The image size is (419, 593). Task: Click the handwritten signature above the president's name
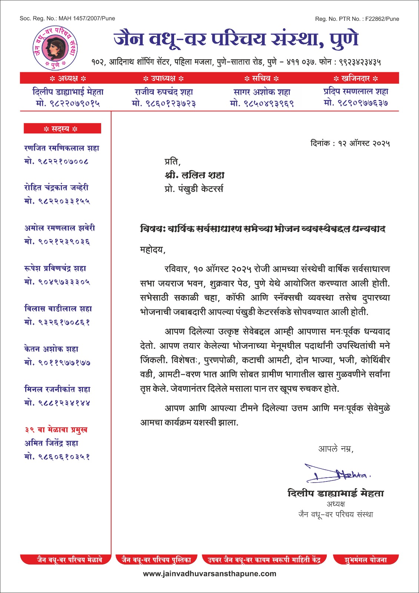[337, 473]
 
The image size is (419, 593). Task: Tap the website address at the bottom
[210, 574]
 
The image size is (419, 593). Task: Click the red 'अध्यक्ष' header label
[68, 78]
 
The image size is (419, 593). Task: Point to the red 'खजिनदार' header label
[356, 78]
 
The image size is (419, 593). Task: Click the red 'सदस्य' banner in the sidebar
[62, 129]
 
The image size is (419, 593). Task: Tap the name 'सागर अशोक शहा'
[262, 92]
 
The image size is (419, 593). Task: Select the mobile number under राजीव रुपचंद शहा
[164, 103]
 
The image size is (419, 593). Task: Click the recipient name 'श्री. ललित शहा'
[194, 175]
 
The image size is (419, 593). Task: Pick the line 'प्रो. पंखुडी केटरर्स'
[194, 189]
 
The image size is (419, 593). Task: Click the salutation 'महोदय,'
[153, 249]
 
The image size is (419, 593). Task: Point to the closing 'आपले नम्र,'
[336, 449]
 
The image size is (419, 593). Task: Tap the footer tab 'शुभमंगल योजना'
[366, 560]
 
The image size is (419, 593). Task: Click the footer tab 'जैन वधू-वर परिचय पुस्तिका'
[157, 560]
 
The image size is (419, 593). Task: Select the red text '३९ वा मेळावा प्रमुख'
[56, 430]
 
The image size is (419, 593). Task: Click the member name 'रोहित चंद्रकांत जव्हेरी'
[56, 188]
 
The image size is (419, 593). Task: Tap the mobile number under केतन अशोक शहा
[57, 362]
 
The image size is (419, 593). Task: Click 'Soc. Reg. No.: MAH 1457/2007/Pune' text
[67, 18]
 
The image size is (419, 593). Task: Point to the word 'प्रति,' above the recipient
[173, 162]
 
